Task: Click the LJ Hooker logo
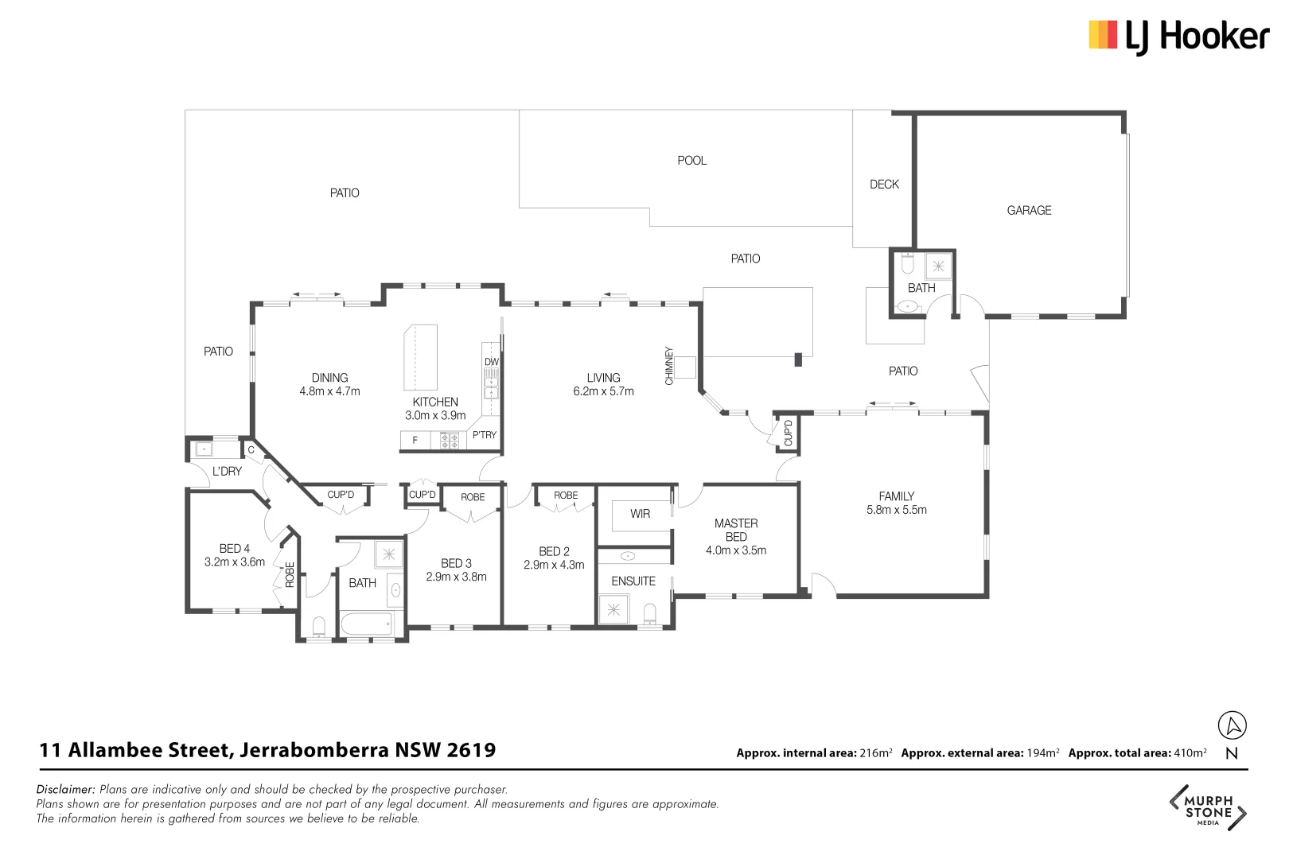(1178, 37)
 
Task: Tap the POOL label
(691, 161)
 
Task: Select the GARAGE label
(1029, 211)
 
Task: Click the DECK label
(884, 185)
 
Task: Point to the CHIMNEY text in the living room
(669, 366)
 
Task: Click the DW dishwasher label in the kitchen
(492, 362)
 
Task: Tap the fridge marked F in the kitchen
(415, 440)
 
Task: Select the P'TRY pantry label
(484, 435)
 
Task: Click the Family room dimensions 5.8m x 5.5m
(896, 510)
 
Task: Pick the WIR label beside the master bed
(640, 514)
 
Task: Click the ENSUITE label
(633, 581)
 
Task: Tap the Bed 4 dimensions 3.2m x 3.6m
(235, 562)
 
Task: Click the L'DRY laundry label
(227, 471)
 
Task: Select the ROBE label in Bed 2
(566, 496)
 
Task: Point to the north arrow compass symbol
(1232, 725)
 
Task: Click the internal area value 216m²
(875, 753)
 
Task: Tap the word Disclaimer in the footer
(65, 790)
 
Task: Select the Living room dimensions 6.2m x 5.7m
(603, 391)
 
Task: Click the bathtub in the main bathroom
(367, 624)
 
